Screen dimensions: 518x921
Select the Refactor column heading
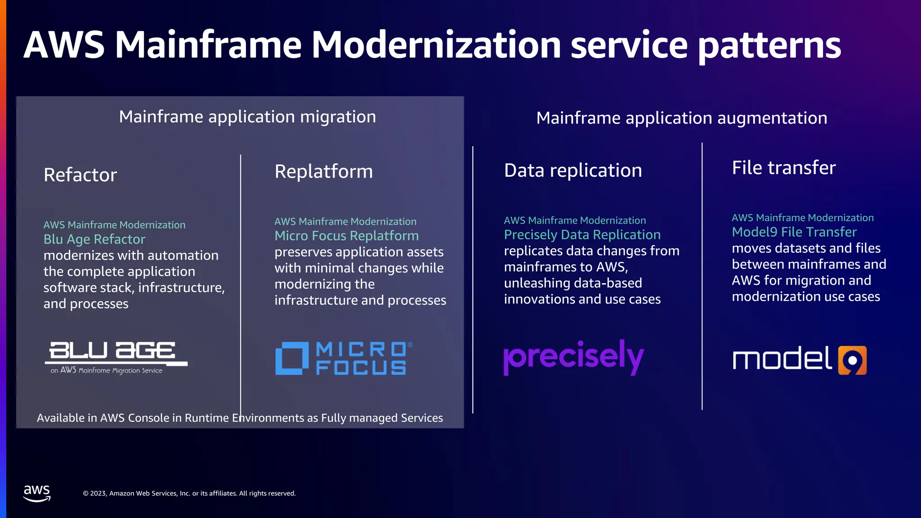tap(80, 175)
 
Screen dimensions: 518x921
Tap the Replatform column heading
tap(323, 172)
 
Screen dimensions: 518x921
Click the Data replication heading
tap(572, 171)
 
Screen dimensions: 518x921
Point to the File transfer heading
tap(783, 168)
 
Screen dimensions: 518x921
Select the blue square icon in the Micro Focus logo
tap(291, 358)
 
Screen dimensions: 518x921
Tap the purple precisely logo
tap(573, 357)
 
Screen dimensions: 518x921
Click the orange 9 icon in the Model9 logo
tap(852, 360)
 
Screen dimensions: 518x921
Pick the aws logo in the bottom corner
tap(37, 493)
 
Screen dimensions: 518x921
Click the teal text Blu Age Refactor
tap(94, 239)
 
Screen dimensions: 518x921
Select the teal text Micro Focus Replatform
tap(346, 236)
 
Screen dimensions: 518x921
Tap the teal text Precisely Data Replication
tap(582, 235)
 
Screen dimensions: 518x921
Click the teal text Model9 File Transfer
tap(794, 232)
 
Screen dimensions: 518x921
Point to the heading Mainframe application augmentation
tap(681, 118)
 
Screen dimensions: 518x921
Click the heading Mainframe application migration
tap(247, 117)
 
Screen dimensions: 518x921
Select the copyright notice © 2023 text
tap(189, 493)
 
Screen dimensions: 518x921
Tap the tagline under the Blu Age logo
tap(107, 371)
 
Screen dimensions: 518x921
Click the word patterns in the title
tap(769, 45)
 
